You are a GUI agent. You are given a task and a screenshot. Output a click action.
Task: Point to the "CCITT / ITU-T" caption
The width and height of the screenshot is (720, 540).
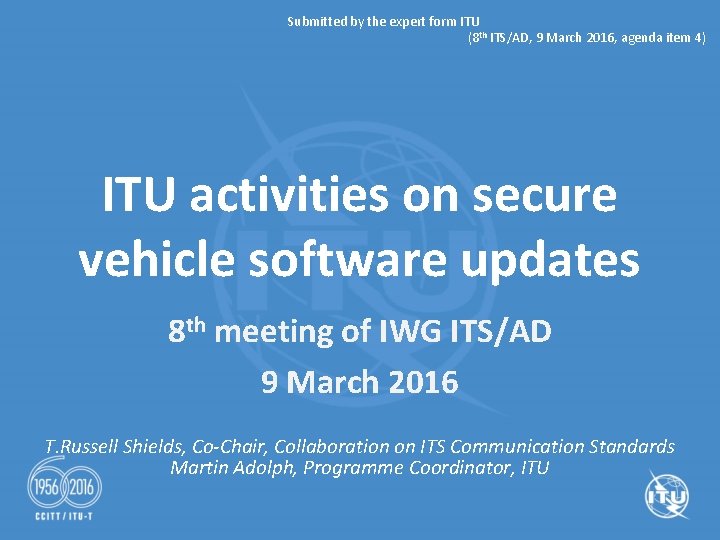click(x=64, y=524)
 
